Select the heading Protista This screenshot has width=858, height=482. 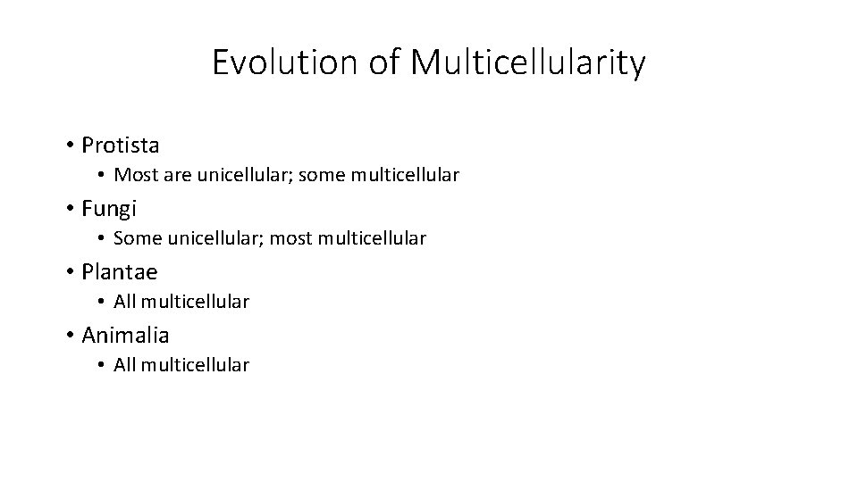[121, 145]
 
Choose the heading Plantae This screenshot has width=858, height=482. [119, 271]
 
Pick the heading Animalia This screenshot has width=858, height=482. [125, 335]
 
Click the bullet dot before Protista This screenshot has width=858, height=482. [69, 145]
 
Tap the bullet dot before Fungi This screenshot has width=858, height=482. [69, 209]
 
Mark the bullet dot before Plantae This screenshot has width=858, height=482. [69, 272]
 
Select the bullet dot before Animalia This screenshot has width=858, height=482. [69, 336]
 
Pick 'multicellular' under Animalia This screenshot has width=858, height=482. [196, 365]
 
